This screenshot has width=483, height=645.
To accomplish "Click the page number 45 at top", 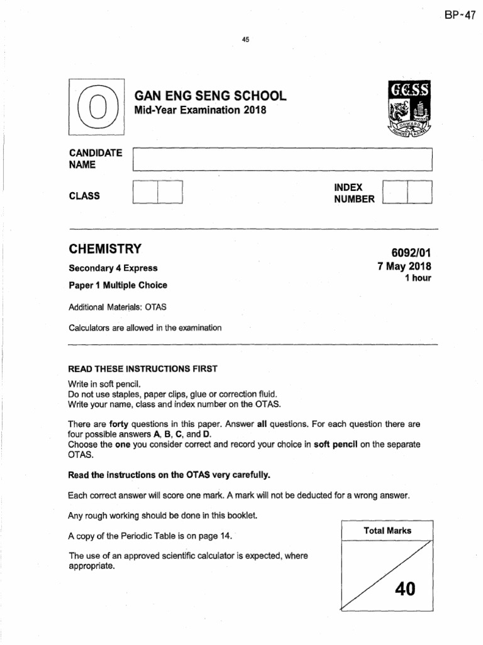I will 246,40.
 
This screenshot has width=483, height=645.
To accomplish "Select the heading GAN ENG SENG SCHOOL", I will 211,96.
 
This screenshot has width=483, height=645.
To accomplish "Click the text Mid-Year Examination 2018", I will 201,111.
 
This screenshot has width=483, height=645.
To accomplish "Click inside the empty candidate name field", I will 283,159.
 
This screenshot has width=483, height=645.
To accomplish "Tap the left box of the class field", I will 146,192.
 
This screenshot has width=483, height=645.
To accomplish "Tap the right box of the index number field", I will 420,192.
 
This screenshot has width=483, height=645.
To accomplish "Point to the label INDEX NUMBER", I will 354,193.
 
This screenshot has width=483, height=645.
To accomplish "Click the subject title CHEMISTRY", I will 105,248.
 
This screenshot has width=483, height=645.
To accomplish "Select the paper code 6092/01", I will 408,253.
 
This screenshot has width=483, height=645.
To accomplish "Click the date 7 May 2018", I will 404,266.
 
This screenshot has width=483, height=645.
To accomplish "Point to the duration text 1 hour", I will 418,278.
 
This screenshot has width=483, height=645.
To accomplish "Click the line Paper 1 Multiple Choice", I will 118,285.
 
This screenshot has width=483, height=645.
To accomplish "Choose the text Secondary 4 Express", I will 113,268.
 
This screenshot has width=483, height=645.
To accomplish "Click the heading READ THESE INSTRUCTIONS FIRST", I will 143,368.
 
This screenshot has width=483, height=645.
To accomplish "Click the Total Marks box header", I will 387,530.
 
